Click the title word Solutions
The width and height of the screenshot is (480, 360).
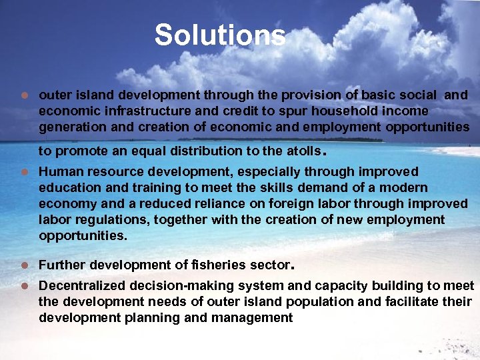[x=220, y=35]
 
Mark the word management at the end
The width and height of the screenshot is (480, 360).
[x=251, y=318]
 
